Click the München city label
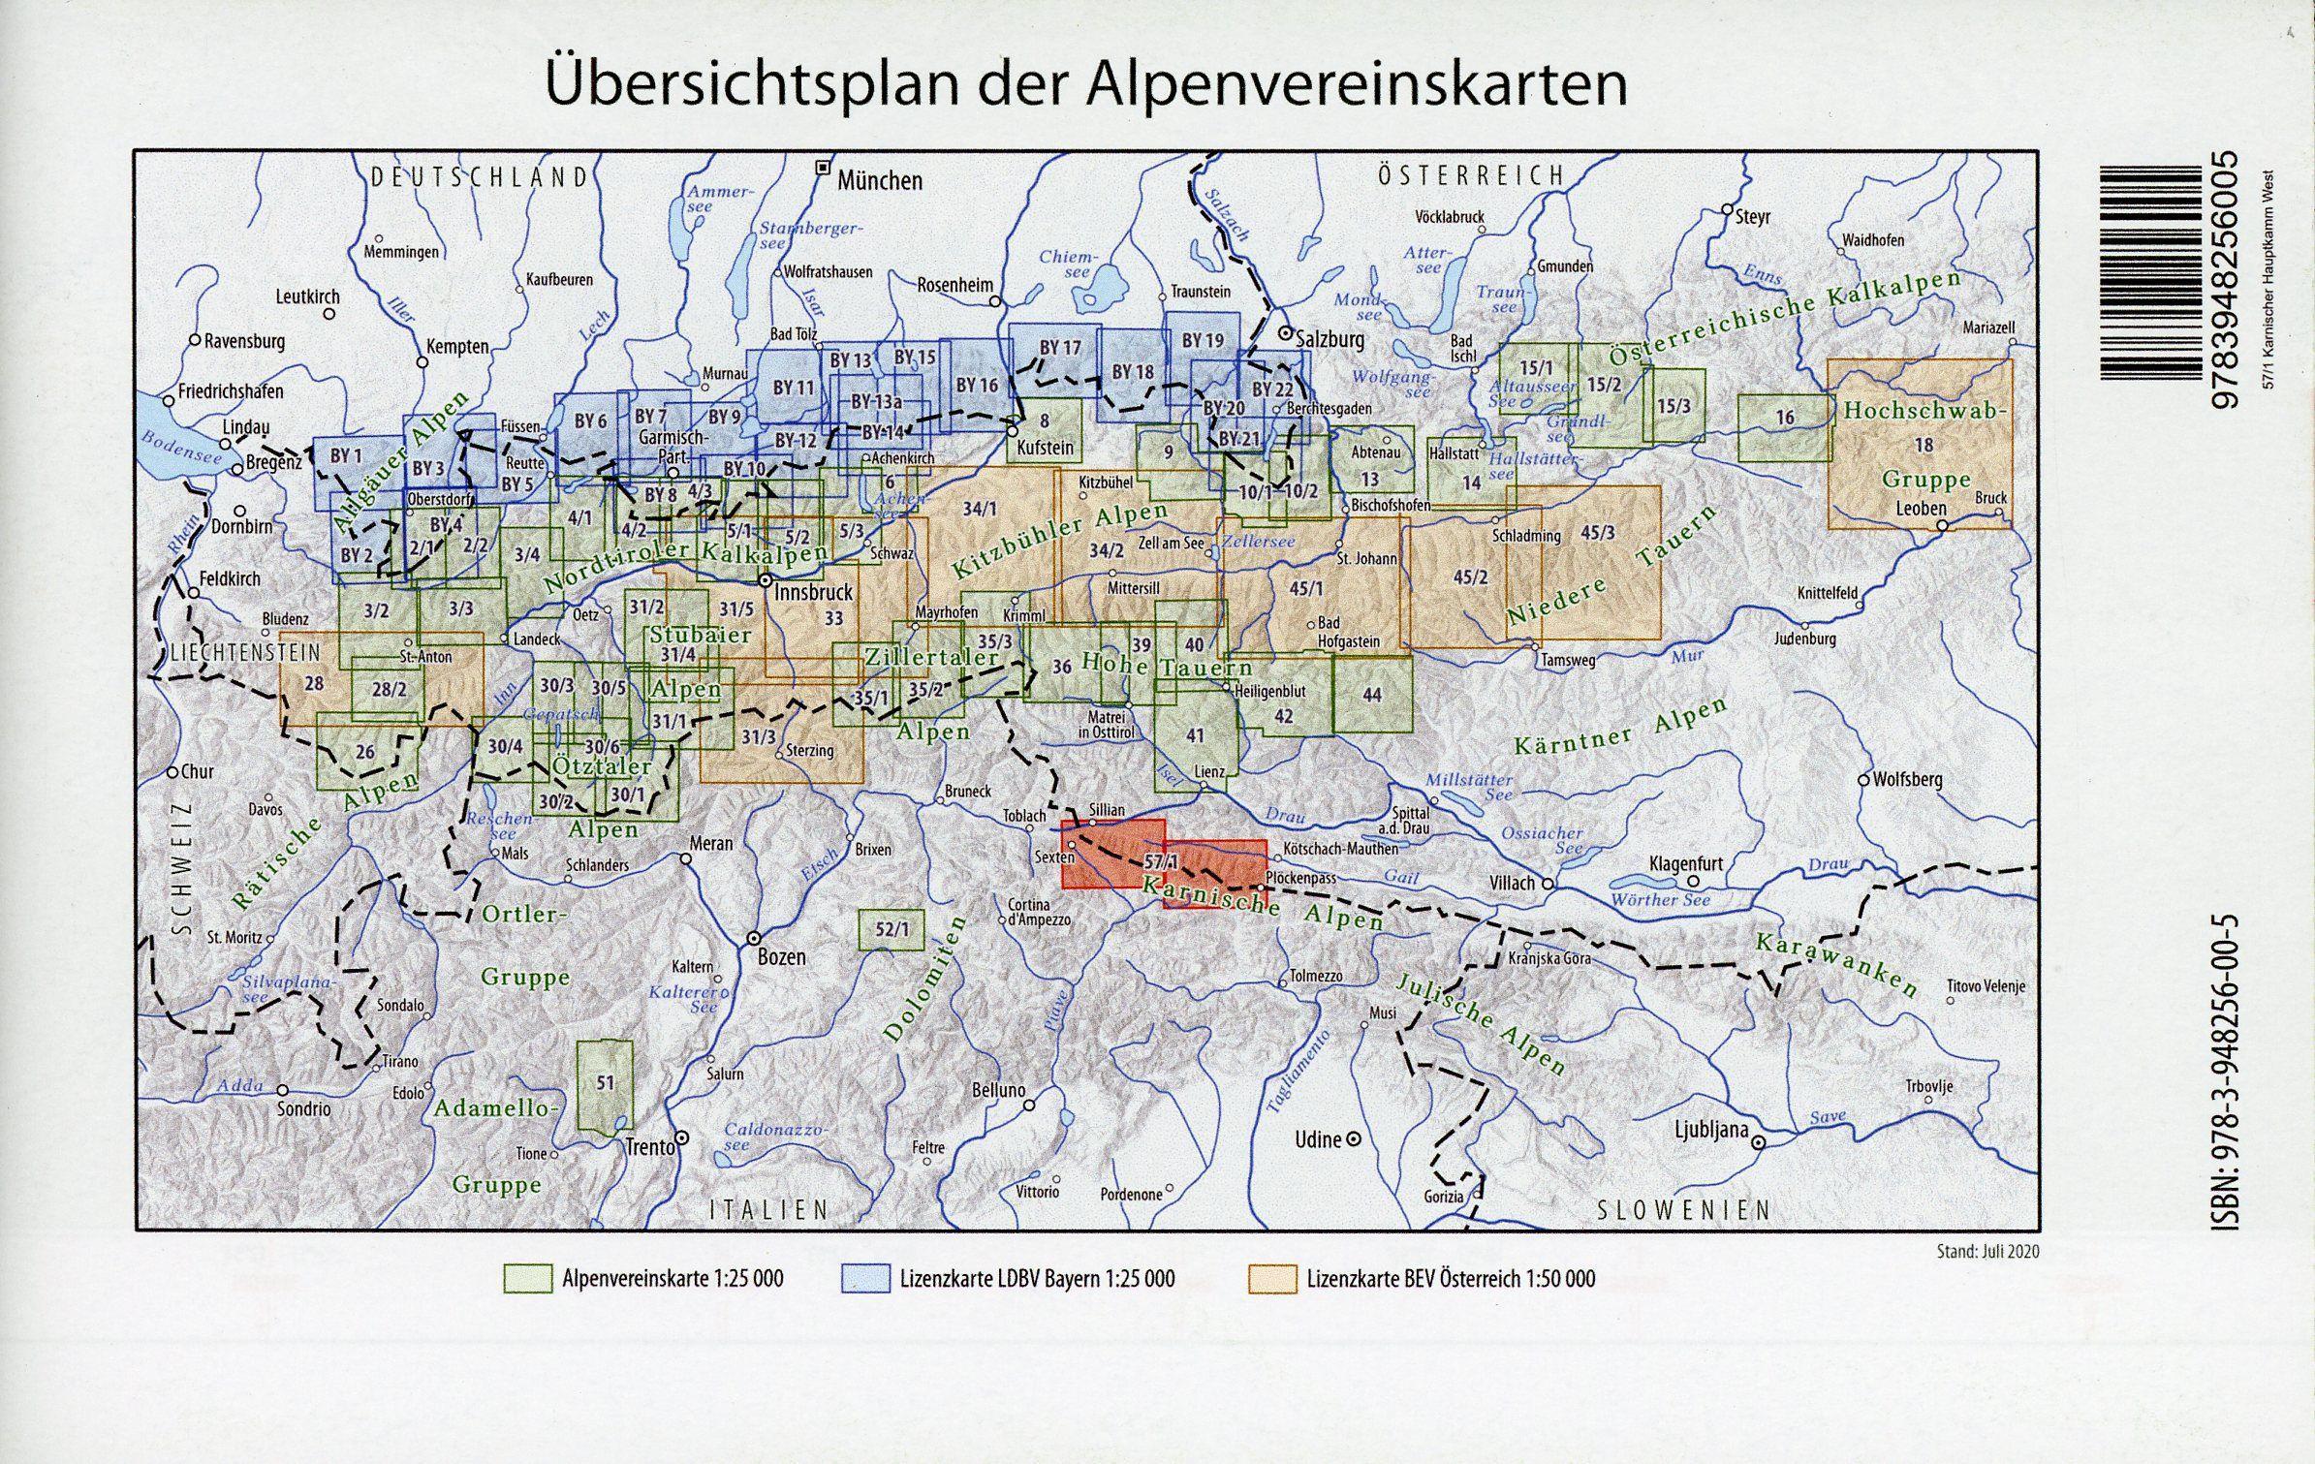(x=879, y=180)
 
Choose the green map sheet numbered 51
(x=605, y=1084)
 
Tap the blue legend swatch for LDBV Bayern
(x=865, y=1279)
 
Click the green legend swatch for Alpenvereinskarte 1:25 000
(x=527, y=1279)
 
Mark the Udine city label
(x=1318, y=1139)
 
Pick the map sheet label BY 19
(x=1203, y=340)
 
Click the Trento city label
(x=649, y=1147)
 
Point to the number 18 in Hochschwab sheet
(x=1924, y=445)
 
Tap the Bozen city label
(x=781, y=956)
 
